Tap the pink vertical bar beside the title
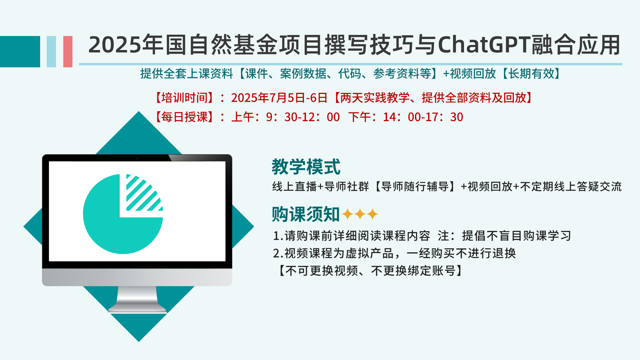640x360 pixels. [x=68, y=52]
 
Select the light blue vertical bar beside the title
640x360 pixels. [x=51, y=52]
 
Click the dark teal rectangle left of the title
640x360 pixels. [x=20, y=52]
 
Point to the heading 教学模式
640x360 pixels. [x=306, y=167]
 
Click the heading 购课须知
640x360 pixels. [x=306, y=214]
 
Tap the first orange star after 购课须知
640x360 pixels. [x=348, y=214]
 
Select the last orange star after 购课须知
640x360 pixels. [x=372, y=214]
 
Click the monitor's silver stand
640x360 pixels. [x=137, y=299]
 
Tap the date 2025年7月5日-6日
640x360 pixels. [x=279, y=98]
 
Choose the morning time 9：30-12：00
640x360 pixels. [x=303, y=117]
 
